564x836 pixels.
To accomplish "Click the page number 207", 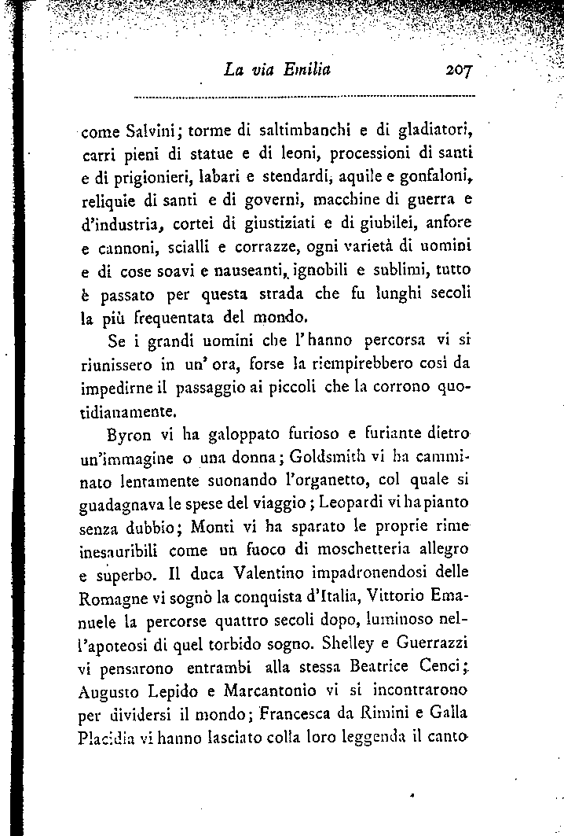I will [x=457, y=69].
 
